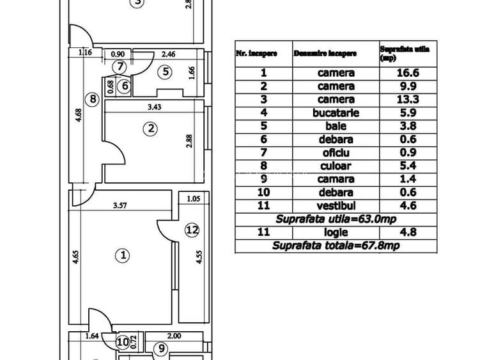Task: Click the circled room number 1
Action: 122,256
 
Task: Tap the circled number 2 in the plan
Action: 151,129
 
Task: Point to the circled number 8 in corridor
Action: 93,99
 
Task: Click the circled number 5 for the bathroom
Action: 166,72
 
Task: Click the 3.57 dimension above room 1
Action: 122,206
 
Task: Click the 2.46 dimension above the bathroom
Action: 169,54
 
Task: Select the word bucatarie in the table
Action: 336,113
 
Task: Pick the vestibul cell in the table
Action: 336,206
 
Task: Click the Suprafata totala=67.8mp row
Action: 336,246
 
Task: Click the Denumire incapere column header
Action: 325,54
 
